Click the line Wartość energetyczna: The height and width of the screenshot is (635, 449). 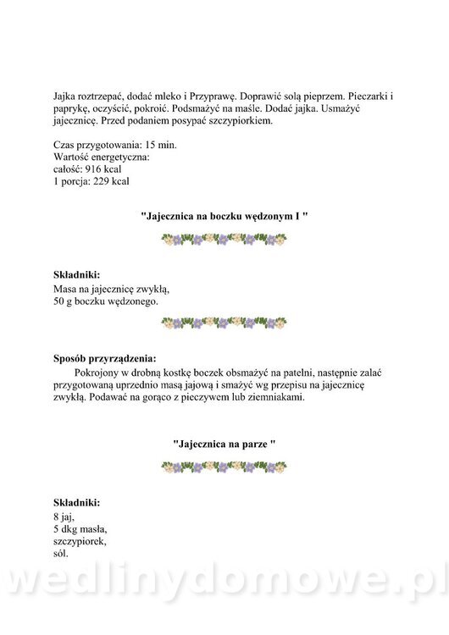coord(101,157)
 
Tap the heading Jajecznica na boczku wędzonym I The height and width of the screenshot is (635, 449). coord(224,217)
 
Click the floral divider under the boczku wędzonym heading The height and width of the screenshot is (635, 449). coord(224,240)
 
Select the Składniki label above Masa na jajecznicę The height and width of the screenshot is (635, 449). coord(76,275)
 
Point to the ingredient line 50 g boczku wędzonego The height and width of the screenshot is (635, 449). coord(105,300)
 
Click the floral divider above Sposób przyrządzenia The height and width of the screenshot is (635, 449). coord(224,323)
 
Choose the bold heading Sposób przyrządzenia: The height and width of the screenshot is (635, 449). coord(104,357)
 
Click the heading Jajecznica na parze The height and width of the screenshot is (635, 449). coord(224,442)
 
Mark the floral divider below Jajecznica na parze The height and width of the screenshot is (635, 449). coord(224,465)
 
